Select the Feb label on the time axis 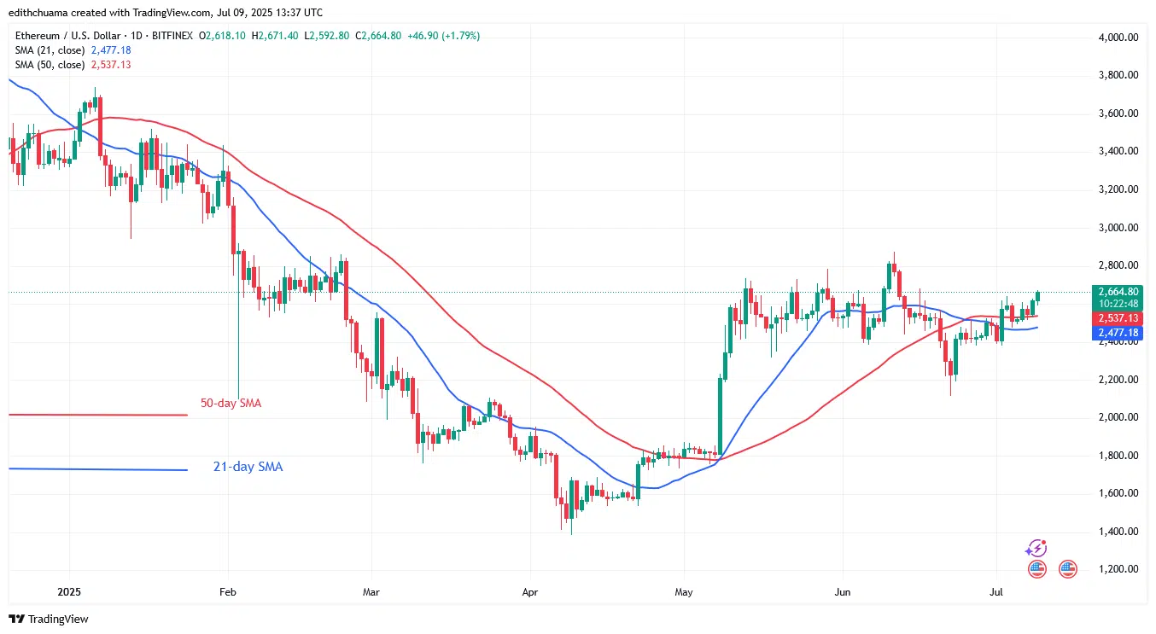pyautogui.click(x=227, y=590)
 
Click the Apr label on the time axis pyautogui.click(x=530, y=590)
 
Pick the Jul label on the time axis pyautogui.click(x=995, y=590)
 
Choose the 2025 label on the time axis pyautogui.click(x=69, y=590)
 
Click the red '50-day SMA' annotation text pyautogui.click(x=231, y=403)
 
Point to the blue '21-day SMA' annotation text pyautogui.click(x=248, y=467)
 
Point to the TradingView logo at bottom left pyautogui.click(x=49, y=619)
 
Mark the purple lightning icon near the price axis pyautogui.click(x=1036, y=548)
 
